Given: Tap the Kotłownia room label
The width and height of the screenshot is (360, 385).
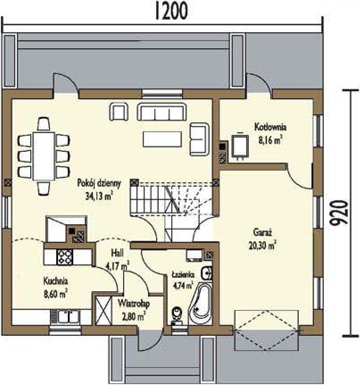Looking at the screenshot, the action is (270, 128).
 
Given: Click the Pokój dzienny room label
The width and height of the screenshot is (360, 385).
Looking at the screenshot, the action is (99, 183).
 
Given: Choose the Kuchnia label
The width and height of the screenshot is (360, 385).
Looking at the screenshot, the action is (56, 280).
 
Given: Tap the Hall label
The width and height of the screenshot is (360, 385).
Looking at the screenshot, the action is (117, 253).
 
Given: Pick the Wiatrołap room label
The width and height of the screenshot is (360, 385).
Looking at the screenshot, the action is (133, 304).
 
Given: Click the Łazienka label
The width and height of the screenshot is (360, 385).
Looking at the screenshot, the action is (183, 274).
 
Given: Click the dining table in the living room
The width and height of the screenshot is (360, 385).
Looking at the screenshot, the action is (44, 156).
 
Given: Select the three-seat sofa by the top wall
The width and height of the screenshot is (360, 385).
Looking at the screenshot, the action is (161, 112).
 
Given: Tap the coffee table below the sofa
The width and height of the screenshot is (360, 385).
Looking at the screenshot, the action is (162, 139).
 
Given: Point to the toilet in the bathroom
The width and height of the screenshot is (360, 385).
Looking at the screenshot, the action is (177, 315).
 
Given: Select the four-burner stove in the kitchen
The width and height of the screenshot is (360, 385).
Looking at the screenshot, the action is (65, 257).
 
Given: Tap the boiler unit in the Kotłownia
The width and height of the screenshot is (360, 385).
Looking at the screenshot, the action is (240, 146).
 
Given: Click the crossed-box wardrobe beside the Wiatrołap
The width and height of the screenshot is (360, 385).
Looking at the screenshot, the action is (103, 311).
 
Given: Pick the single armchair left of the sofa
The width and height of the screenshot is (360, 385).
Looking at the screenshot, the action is (119, 112).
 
